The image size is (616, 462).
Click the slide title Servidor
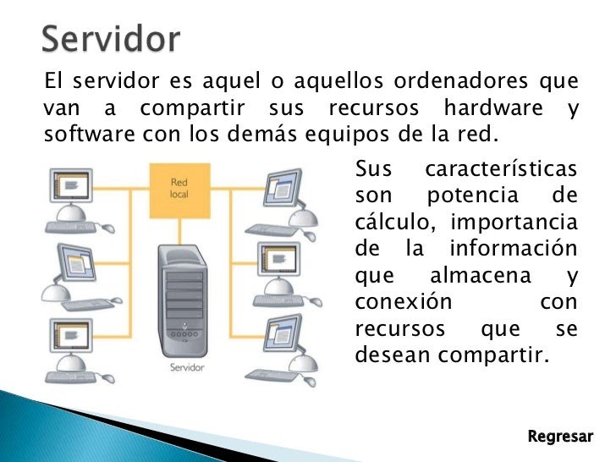click(x=111, y=39)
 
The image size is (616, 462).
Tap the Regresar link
click(x=560, y=437)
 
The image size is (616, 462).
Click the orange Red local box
click(x=180, y=191)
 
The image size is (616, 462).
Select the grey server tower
click(x=183, y=300)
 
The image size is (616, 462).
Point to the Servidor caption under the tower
click(x=187, y=367)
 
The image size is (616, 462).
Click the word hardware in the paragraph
click(x=493, y=107)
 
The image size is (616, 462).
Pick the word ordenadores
click(x=461, y=80)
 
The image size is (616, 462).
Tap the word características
click(x=501, y=169)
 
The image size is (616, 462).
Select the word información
click(x=513, y=248)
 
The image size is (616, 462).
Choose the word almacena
click(x=481, y=275)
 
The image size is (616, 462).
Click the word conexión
click(x=404, y=302)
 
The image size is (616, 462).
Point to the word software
click(x=90, y=134)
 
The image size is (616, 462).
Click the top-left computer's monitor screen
click(x=71, y=185)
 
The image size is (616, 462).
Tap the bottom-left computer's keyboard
click(x=71, y=377)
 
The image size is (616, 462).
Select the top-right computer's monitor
click(x=283, y=188)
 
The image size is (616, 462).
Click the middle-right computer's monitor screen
click(x=278, y=259)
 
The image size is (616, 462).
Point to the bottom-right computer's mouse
click(x=310, y=381)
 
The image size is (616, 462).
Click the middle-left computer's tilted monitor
click(x=76, y=262)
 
